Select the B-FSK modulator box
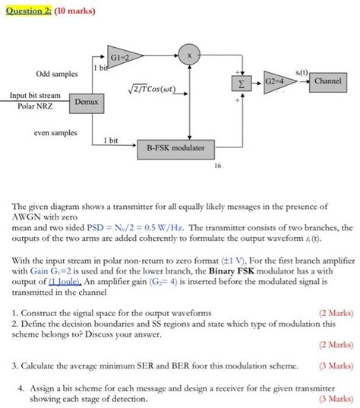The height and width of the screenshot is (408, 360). tap(175, 147)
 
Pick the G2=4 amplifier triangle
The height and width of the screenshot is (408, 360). tap(275, 80)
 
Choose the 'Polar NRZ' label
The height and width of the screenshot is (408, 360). tap(36, 106)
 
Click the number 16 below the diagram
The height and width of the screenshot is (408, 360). tap(217, 164)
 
